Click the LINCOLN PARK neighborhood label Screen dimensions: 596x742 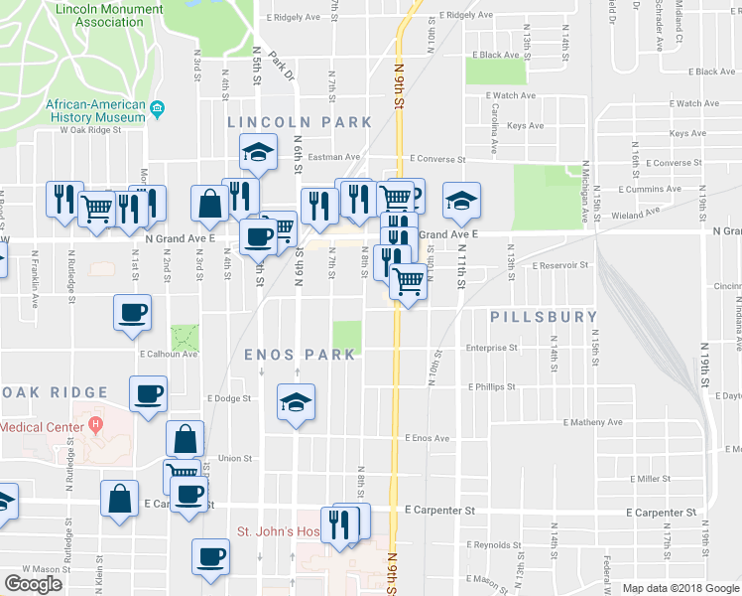[299, 122]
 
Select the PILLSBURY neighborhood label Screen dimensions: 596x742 [545, 317]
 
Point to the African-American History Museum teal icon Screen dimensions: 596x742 [157, 108]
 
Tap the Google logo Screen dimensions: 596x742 [34, 583]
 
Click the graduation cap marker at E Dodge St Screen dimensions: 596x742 [296, 402]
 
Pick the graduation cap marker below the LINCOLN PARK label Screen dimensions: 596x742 [258, 152]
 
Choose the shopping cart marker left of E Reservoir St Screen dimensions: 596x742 [408, 282]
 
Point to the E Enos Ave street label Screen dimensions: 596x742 [427, 438]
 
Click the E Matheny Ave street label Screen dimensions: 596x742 [592, 422]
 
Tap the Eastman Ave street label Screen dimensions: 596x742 [333, 157]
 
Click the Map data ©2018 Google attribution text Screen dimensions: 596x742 [680, 588]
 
